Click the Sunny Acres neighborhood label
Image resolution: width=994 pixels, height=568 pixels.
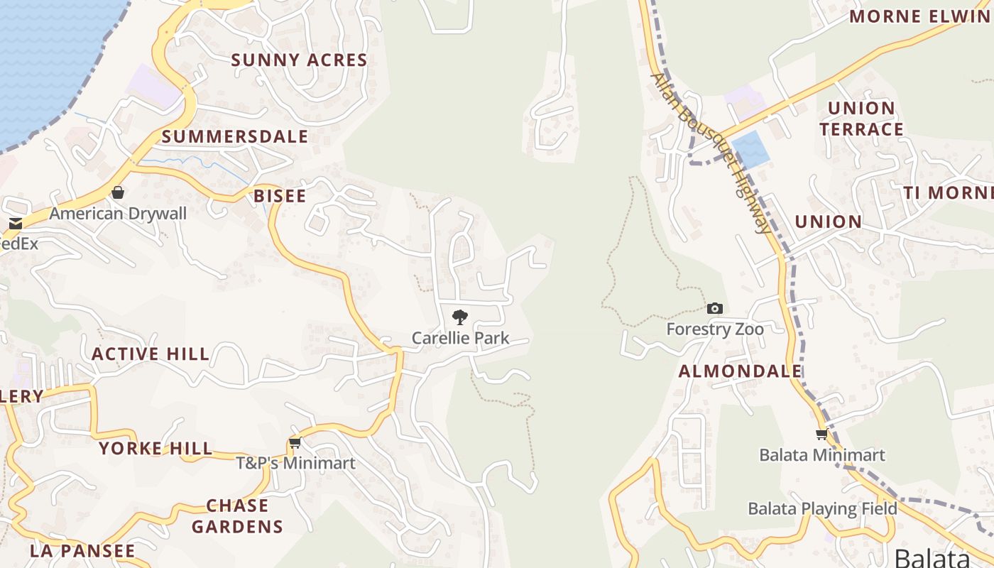299,60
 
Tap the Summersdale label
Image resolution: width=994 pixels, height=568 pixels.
235,136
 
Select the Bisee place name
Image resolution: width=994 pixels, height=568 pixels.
280,196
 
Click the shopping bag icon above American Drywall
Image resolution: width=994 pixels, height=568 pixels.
118,192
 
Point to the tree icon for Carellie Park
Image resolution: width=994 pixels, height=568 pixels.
460,317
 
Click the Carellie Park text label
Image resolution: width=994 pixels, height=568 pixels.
460,338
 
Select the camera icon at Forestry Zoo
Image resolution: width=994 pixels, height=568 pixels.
715,308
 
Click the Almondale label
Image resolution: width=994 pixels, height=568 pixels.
740,371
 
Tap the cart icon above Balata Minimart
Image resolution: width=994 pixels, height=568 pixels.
821,434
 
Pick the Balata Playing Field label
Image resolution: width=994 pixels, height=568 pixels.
822,509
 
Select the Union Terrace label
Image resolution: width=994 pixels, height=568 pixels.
861,119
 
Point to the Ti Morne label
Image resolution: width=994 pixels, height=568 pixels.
947,192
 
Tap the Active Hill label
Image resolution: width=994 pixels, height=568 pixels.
151,354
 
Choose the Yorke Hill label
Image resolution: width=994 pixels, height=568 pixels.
155,449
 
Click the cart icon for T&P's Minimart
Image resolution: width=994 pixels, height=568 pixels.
295,443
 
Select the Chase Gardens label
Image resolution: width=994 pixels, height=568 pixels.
237,516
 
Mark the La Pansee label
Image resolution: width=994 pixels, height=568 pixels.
82,551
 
